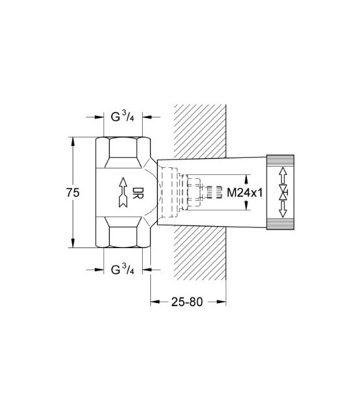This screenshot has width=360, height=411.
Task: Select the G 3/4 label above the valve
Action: point(123,118)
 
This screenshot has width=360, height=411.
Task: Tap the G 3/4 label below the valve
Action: point(123,270)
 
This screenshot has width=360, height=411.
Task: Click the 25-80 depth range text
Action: point(188,301)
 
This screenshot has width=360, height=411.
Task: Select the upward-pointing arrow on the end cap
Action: point(284,174)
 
